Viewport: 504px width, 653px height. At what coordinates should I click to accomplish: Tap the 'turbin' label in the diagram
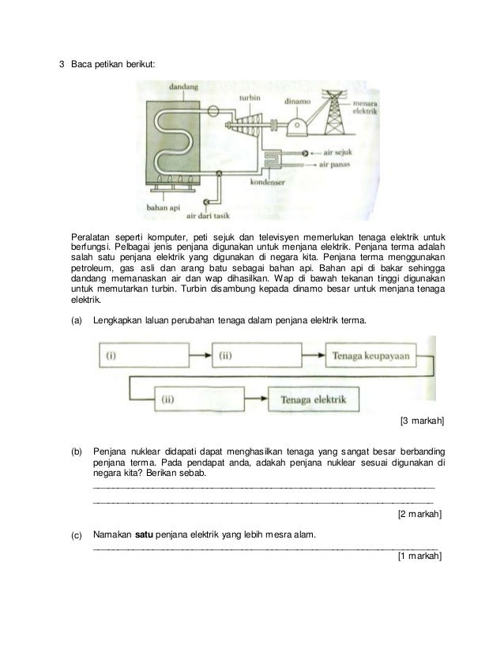pyautogui.click(x=250, y=98)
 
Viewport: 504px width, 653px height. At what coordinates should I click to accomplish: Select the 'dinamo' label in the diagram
pyautogui.click(x=298, y=101)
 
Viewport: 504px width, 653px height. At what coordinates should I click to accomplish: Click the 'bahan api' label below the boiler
pyautogui.click(x=161, y=208)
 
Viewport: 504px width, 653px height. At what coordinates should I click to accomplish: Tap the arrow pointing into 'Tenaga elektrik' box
pyautogui.click(x=257, y=399)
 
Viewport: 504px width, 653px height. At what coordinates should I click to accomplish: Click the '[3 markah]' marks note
pyautogui.click(x=423, y=421)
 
